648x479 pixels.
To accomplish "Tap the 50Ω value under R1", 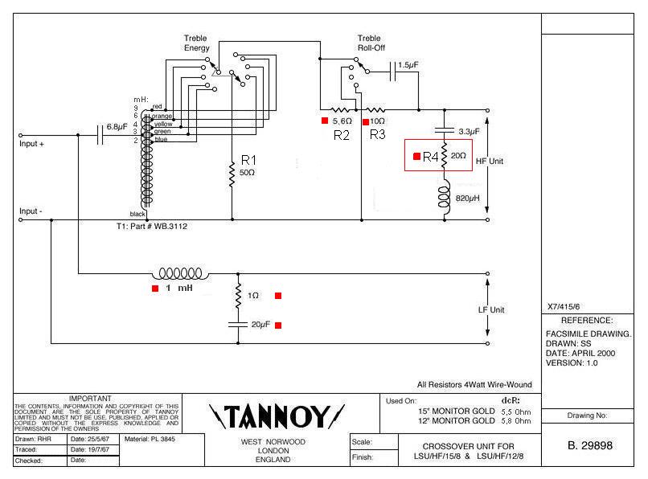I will [x=248, y=173].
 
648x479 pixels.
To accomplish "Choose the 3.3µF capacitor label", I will [x=469, y=130].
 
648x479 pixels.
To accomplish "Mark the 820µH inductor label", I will [x=469, y=198].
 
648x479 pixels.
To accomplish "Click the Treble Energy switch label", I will [x=195, y=43].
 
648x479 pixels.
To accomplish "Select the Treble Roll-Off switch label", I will [x=370, y=43].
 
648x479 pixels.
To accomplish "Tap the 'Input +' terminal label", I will [x=32, y=144].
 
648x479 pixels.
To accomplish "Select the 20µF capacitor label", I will [x=260, y=325].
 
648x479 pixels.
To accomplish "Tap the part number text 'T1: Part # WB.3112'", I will [x=158, y=227].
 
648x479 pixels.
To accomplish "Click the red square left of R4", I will [x=416, y=157].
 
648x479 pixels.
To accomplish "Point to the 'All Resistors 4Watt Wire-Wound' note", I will [x=474, y=384].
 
